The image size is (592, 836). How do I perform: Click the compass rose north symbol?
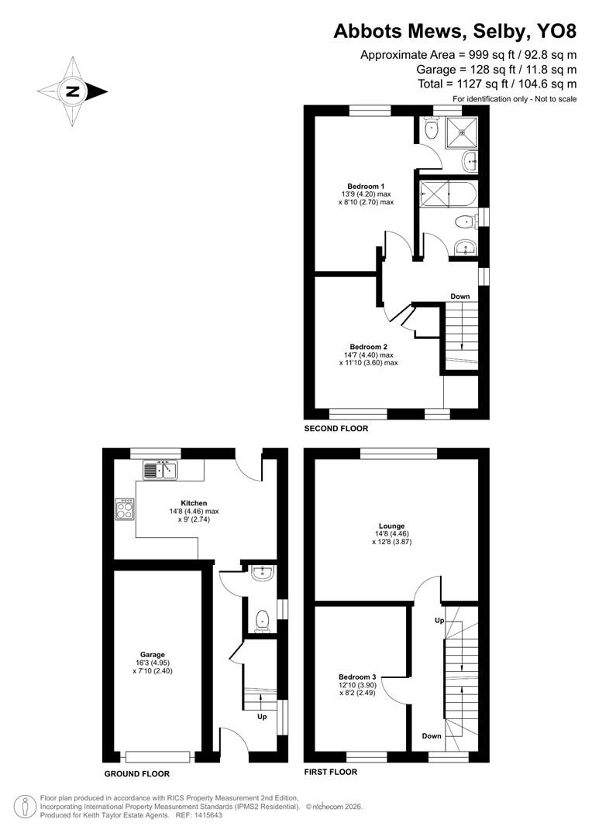73,91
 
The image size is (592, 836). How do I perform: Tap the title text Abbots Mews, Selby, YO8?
455,31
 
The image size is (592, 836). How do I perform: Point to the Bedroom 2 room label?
368,347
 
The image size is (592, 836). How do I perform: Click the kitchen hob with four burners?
125,509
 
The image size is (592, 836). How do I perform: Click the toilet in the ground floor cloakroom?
263,618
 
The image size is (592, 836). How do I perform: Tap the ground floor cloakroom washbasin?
263,573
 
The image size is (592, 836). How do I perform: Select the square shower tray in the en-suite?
463,131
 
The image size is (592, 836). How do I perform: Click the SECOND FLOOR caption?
336,428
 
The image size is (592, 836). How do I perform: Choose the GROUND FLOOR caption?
136,773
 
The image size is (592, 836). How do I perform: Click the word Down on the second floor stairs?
460,296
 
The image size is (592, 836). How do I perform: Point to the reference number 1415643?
201,814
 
